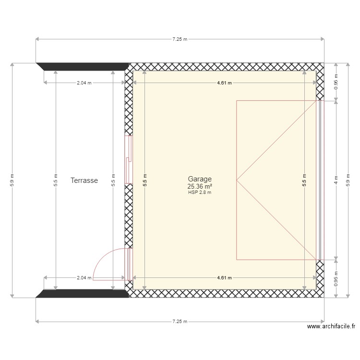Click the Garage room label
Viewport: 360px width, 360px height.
click(200, 179)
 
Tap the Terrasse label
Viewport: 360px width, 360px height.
click(84, 181)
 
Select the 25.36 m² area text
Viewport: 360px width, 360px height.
click(200, 186)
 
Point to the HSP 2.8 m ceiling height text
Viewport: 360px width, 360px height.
click(200, 192)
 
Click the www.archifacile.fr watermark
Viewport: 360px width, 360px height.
click(331, 326)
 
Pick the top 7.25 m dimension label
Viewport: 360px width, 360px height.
click(180, 39)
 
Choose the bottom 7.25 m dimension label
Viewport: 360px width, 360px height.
click(180, 322)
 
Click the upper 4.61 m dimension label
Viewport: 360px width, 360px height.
click(224, 83)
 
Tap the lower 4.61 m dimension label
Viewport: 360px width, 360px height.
click(224, 277)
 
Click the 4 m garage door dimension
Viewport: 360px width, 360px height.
click(336, 180)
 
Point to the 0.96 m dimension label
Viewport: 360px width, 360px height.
click(336, 82)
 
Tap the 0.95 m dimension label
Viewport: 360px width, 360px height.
click(336, 279)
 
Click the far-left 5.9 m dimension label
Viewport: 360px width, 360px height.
click(12, 180)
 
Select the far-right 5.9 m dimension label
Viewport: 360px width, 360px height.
click(348, 180)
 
